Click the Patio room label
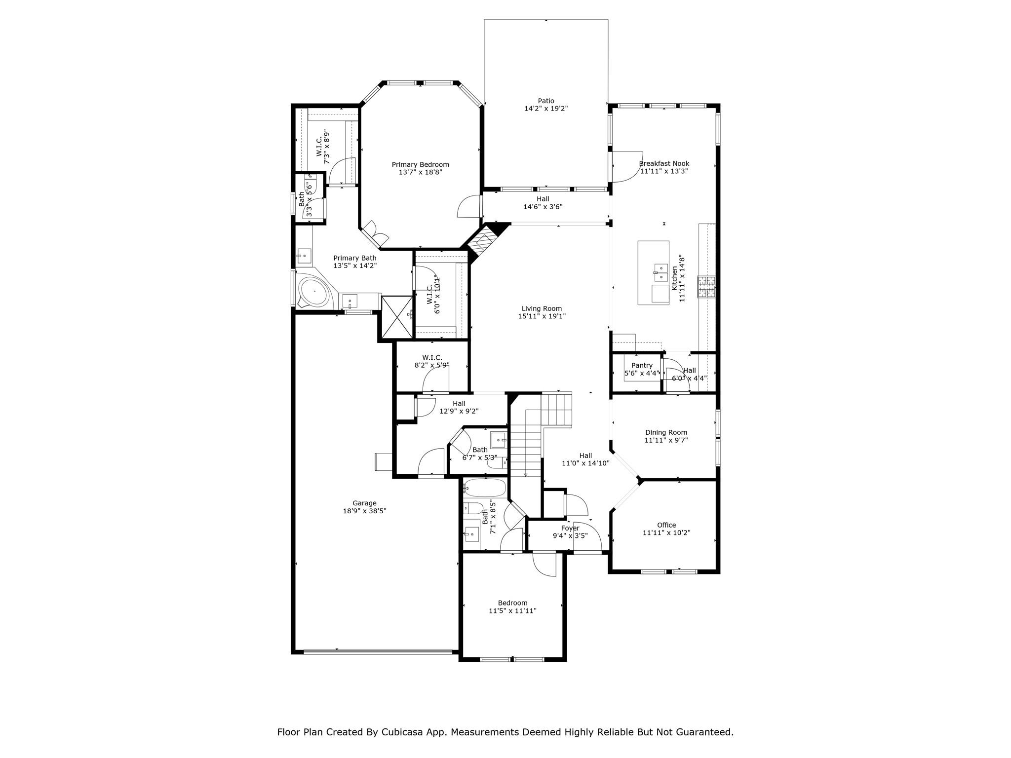point(546,101)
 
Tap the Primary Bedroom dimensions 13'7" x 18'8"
point(420,172)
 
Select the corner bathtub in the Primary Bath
point(314,292)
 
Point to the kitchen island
point(653,272)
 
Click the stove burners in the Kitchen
point(706,287)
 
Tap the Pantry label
point(642,365)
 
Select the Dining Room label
point(666,432)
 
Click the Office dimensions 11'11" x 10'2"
point(666,532)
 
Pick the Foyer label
point(570,528)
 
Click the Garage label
point(364,503)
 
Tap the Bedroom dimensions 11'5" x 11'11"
point(512,610)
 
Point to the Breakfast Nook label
point(664,163)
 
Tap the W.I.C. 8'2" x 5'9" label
point(432,357)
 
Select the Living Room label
point(542,308)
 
